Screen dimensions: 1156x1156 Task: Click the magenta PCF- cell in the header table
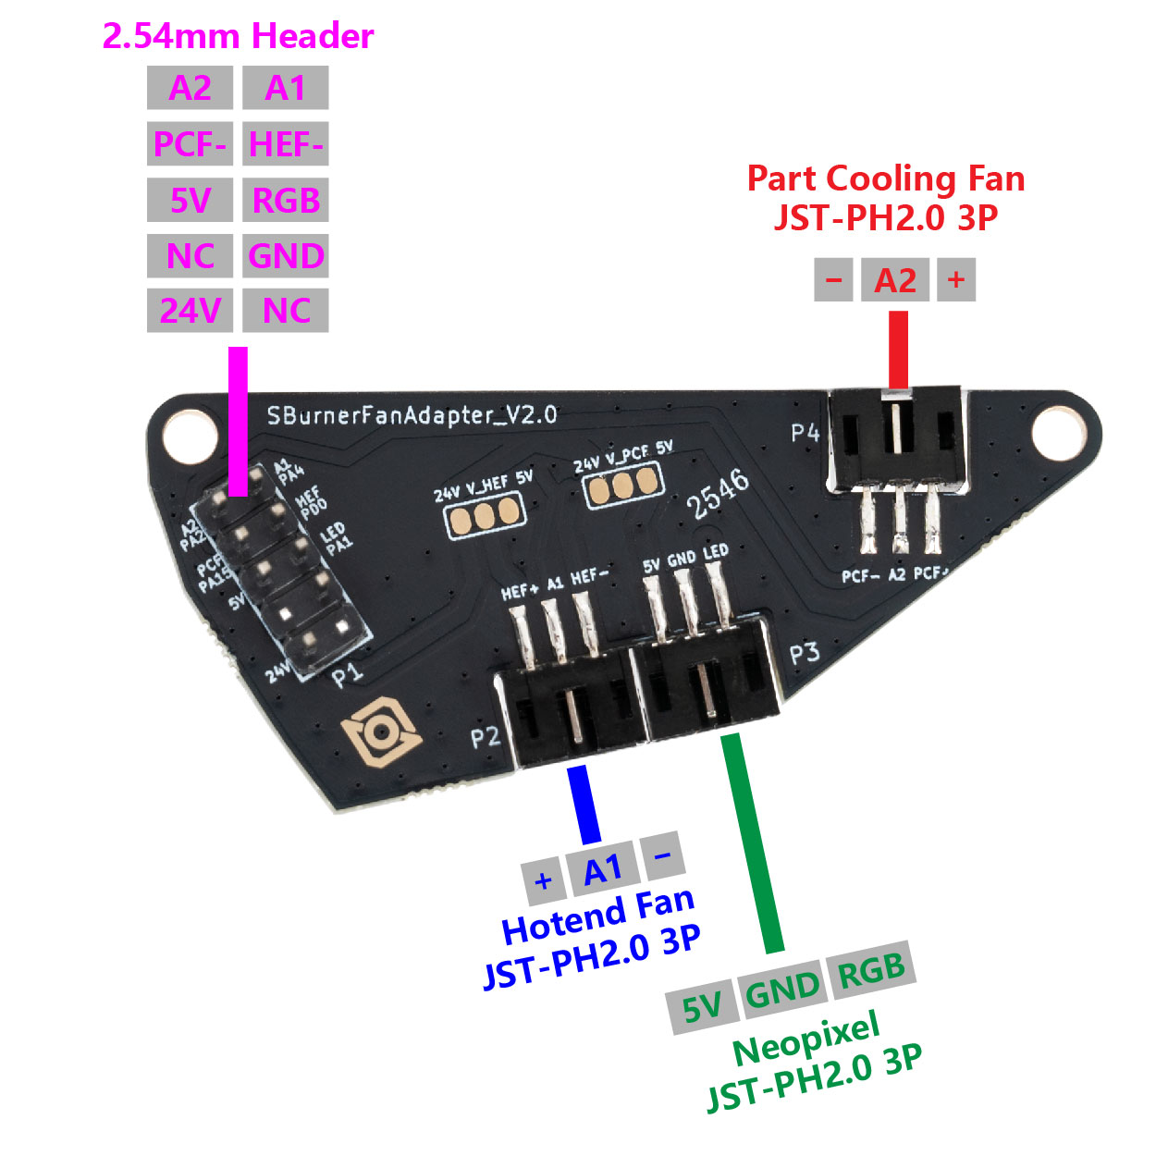point(190,144)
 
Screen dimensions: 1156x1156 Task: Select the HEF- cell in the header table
point(286,144)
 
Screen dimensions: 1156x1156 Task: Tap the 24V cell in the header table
point(190,311)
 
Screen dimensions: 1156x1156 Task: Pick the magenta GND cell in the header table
point(286,255)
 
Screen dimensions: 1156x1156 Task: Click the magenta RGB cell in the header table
point(286,200)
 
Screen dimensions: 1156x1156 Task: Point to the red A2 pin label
point(895,279)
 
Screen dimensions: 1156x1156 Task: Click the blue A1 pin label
point(603,870)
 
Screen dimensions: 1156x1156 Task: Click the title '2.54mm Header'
point(238,36)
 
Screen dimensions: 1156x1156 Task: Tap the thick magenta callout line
point(238,421)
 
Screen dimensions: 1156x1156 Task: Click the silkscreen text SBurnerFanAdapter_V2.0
point(412,414)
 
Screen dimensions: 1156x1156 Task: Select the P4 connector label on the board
point(805,433)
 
